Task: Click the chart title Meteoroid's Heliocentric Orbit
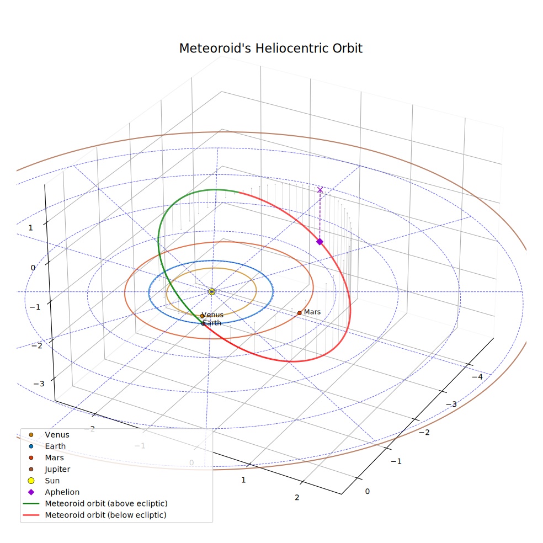[270, 48]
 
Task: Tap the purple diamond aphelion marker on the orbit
[320, 242]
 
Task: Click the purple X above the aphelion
[320, 190]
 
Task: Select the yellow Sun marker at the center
[212, 291]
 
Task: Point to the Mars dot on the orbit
[299, 313]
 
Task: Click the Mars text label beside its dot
[312, 312]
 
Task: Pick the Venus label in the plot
[212, 315]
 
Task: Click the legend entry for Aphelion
[54, 492]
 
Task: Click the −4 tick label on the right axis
[477, 377]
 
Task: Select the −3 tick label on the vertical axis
[39, 384]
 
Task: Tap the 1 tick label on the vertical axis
[31, 228]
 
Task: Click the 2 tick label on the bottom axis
[297, 498]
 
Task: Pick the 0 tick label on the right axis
[368, 491]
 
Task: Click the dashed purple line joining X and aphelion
[320, 215]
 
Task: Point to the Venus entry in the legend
[50, 435]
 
